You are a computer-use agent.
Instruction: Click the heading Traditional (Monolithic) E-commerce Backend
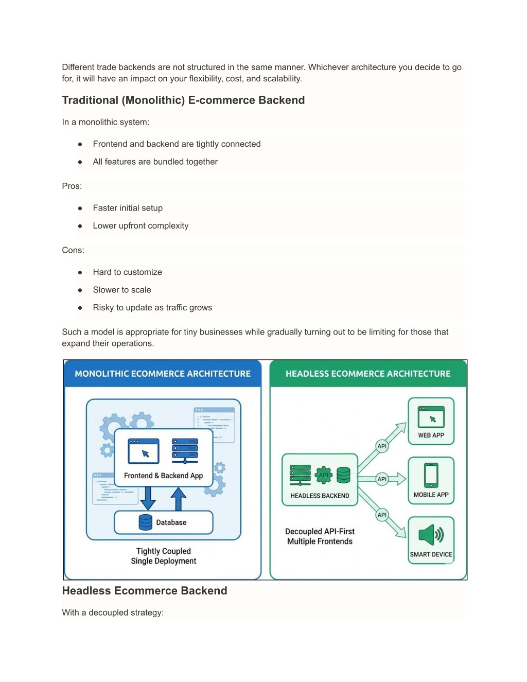183,100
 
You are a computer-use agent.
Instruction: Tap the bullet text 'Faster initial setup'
128,208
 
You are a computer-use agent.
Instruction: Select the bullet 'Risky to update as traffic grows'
152,307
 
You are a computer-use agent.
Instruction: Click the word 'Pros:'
72,186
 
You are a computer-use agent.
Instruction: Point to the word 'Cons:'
73,250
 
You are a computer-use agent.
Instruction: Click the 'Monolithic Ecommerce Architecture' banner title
163,374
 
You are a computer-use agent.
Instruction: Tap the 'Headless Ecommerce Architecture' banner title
368,374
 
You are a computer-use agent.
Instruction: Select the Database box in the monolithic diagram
163,522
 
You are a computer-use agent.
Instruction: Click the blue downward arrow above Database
148,497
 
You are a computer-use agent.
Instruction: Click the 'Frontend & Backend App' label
163,476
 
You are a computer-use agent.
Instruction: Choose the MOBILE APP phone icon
431,475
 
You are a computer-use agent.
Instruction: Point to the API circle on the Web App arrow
382,446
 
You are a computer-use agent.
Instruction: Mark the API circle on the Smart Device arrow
382,515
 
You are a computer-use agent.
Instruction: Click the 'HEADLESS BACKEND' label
320,496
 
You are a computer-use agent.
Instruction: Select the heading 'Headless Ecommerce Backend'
145,591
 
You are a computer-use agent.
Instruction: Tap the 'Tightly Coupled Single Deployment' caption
163,556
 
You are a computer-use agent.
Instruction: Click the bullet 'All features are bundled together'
155,162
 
